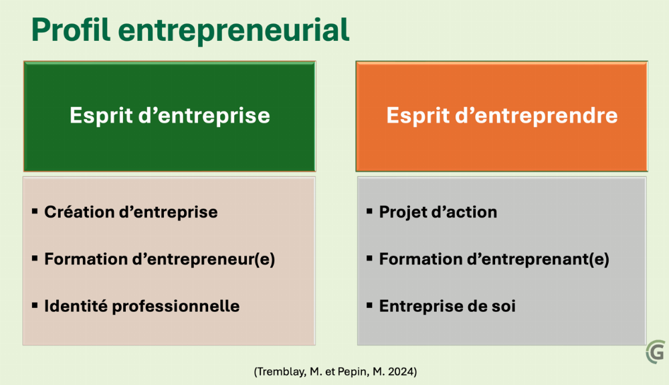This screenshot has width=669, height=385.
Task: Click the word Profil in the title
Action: pyautogui.click(x=71, y=30)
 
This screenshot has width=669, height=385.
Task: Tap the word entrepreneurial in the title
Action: pyautogui.click(x=233, y=30)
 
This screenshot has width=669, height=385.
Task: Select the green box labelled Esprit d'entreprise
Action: pyautogui.click(x=169, y=116)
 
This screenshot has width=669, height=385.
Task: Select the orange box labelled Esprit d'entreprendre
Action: pyautogui.click(x=502, y=116)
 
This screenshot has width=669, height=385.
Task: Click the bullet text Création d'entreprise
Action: pyautogui.click(x=131, y=212)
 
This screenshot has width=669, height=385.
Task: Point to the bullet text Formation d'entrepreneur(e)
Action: pyautogui.click(x=160, y=259)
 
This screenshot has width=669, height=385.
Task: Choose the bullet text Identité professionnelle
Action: pyautogui.click(x=142, y=306)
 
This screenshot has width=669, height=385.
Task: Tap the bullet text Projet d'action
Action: pyautogui.click(x=438, y=212)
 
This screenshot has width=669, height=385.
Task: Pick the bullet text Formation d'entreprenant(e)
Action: pyautogui.click(x=494, y=259)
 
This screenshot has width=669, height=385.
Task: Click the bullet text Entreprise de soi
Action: pyautogui.click(x=448, y=306)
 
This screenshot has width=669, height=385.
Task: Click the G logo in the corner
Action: pyautogui.click(x=656, y=352)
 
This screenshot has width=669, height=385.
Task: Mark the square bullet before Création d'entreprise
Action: pyautogui.click(x=35, y=212)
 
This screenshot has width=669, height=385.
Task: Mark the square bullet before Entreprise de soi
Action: pyautogui.click(x=369, y=305)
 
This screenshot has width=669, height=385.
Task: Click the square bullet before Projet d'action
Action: pyautogui.click(x=369, y=212)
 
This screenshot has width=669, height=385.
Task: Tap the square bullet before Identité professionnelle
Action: pyautogui.click(x=35, y=305)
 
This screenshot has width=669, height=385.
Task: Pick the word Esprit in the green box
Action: pyautogui.click(x=101, y=116)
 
